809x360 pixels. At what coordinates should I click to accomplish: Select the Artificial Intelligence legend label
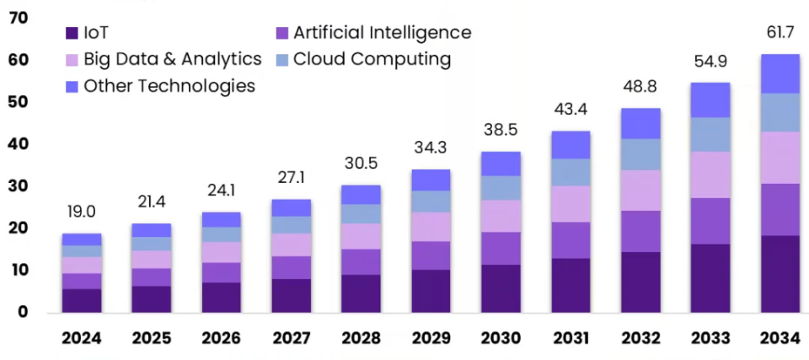[382, 33]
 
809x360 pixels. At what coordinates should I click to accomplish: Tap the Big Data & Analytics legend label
[173, 59]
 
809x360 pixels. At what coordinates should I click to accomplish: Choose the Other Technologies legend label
[169, 85]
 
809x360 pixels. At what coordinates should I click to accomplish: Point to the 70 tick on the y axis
[18, 18]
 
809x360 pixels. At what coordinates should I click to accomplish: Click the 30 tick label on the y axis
[18, 185]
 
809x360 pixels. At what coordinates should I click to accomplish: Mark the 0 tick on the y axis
[23, 312]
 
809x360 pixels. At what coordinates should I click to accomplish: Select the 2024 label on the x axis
[81, 339]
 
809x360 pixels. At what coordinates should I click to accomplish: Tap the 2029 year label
[431, 339]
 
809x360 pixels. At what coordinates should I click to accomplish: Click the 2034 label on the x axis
[780, 339]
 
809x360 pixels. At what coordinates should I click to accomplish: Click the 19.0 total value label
[81, 212]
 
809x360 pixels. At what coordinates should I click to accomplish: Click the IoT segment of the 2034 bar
[780, 274]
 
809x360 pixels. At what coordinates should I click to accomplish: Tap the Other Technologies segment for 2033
[710, 100]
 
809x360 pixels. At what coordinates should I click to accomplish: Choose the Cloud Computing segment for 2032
[640, 155]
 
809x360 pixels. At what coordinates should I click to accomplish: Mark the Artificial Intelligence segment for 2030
[501, 249]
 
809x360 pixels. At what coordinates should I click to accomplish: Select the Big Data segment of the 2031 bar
[571, 204]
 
